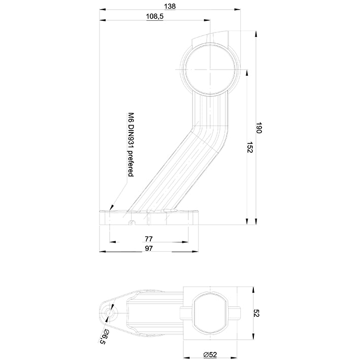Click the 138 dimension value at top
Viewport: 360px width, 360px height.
click(x=170, y=6)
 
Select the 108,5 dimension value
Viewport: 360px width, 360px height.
click(x=154, y=17)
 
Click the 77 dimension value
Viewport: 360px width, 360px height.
click(x=149, y=238)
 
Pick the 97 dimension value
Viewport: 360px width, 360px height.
click(x=149, y=248)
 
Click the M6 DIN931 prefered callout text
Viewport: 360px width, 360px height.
click(x=130, y=144)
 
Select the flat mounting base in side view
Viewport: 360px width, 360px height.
click(x=150, y=218)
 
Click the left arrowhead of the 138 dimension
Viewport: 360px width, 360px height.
click(x=102, y=9)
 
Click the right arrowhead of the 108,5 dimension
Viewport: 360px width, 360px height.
click(x=208, y=20)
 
